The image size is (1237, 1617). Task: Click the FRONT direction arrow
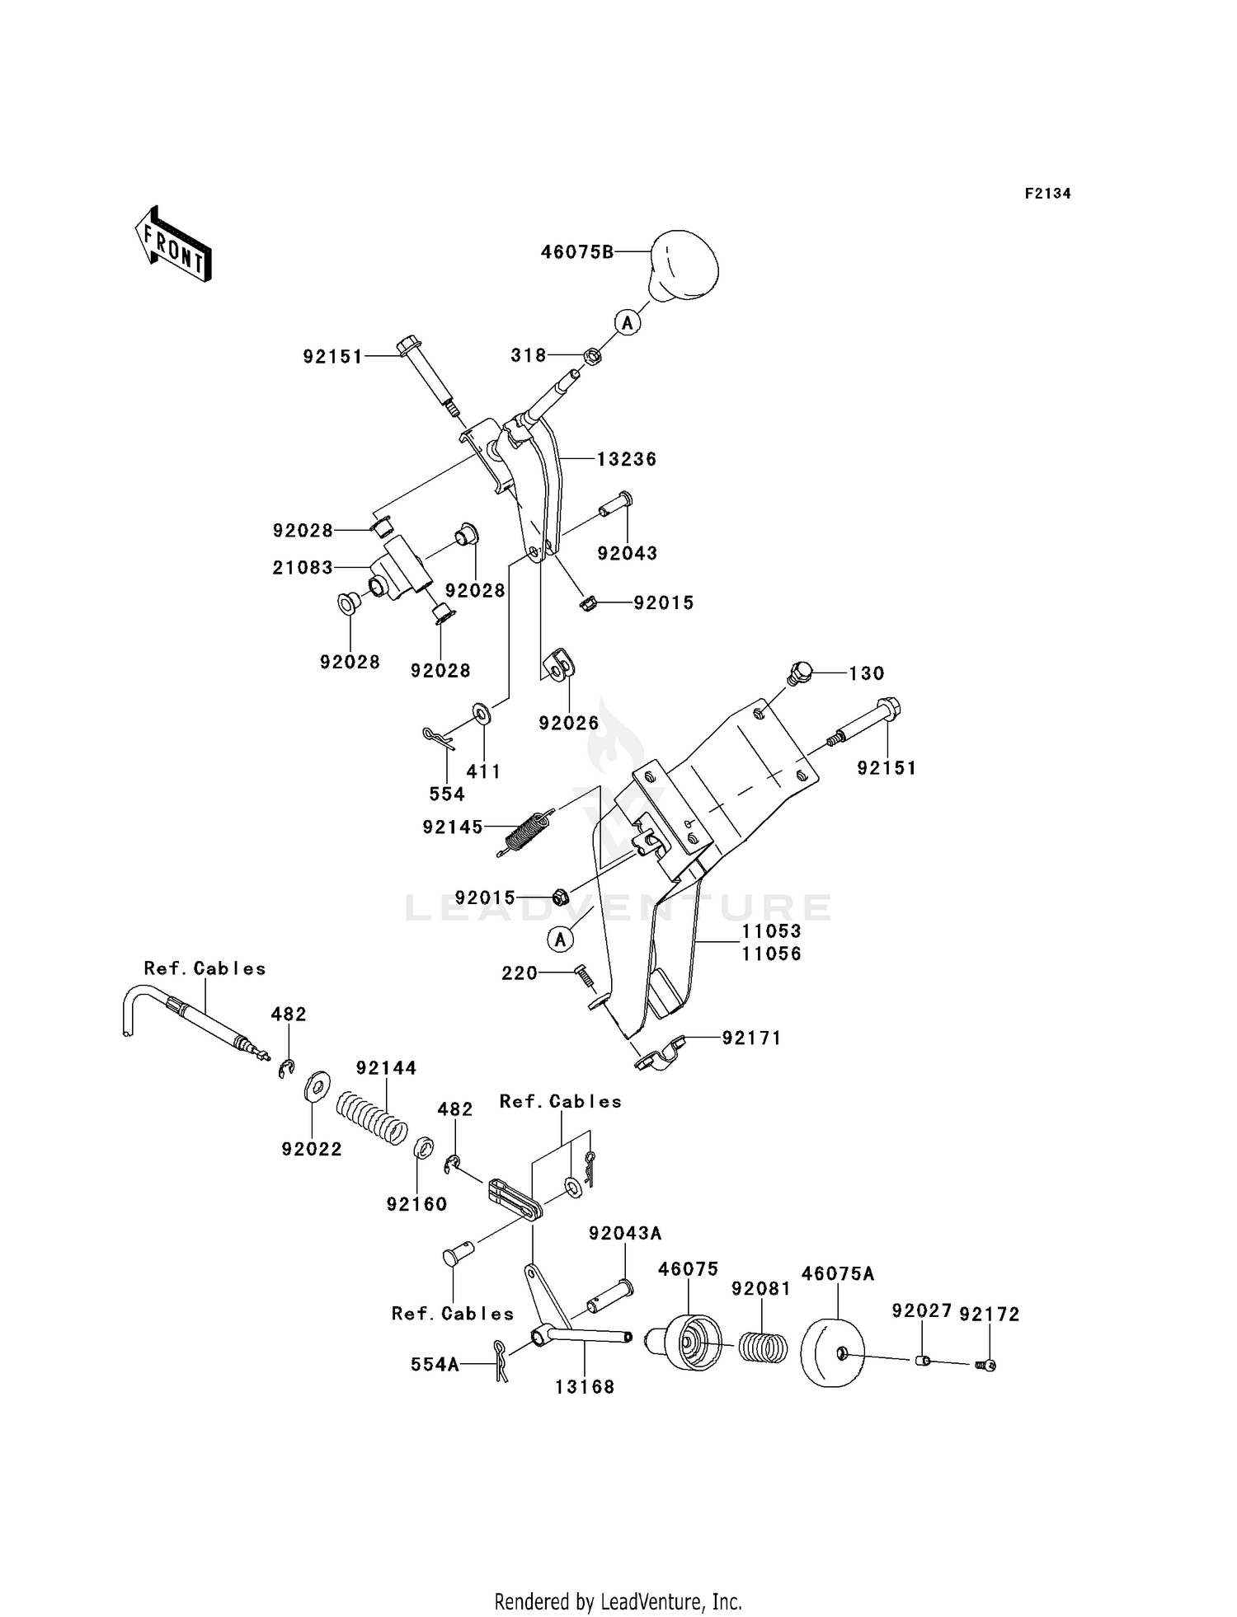click(173, 245)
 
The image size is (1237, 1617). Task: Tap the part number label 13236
click(627, 459)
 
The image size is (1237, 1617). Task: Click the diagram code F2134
click(1047, 194)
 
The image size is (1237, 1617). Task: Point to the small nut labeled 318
click(591, 357)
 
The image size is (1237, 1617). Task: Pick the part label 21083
click(303, 568)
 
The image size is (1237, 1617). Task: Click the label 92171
click(751, 1038)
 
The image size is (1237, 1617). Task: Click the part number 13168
click(585, 1387)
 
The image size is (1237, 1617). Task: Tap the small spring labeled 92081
click(761, 1348)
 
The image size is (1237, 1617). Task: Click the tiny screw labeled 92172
click(986, 1366)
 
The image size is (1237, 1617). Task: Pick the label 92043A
click(625, 1234)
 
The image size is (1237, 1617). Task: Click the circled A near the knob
click(628, 322)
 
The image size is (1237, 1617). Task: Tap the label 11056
click(771, 954)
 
